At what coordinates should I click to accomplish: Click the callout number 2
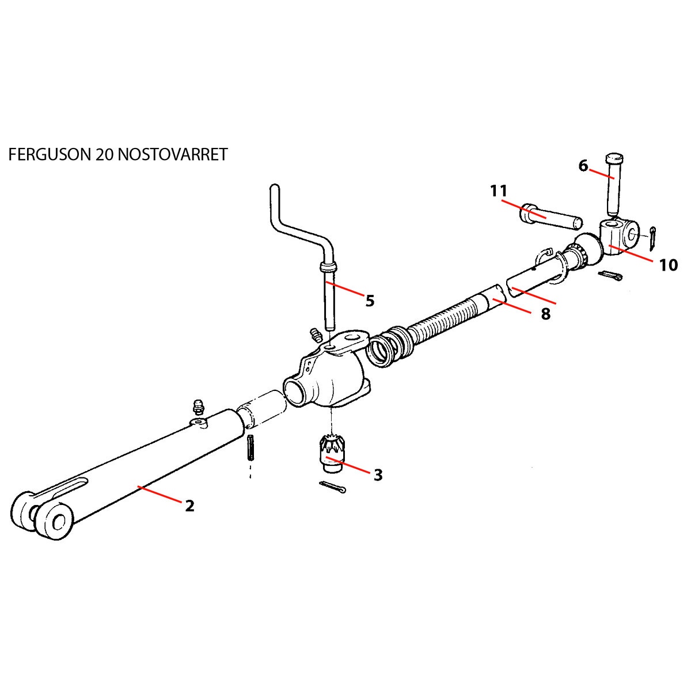[x=189, y=506]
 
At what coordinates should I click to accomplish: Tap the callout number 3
[x=378, y=475]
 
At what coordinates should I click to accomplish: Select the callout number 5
[x=370, y=301]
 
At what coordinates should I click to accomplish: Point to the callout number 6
[x=583, y=166]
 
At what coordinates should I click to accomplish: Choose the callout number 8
[x=546, y=314]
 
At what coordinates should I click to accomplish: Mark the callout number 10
[x=669, y=265]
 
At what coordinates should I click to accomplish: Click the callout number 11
[x=498, y=191]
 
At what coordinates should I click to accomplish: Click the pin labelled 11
[x=550, y=217]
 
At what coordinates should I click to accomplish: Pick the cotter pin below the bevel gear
[x=333, y=487]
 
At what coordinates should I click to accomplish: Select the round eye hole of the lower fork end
[x=58, y=522]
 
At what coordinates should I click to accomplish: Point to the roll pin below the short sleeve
[x=250, y=448]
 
